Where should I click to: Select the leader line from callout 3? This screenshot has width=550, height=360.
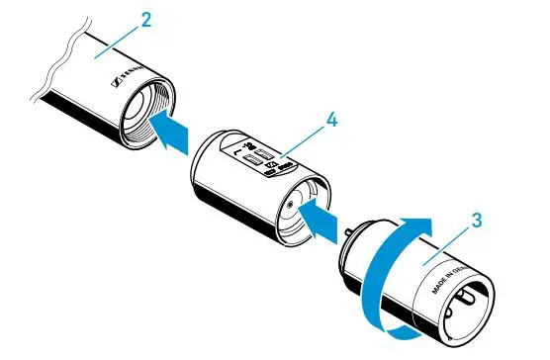click(450, 241)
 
